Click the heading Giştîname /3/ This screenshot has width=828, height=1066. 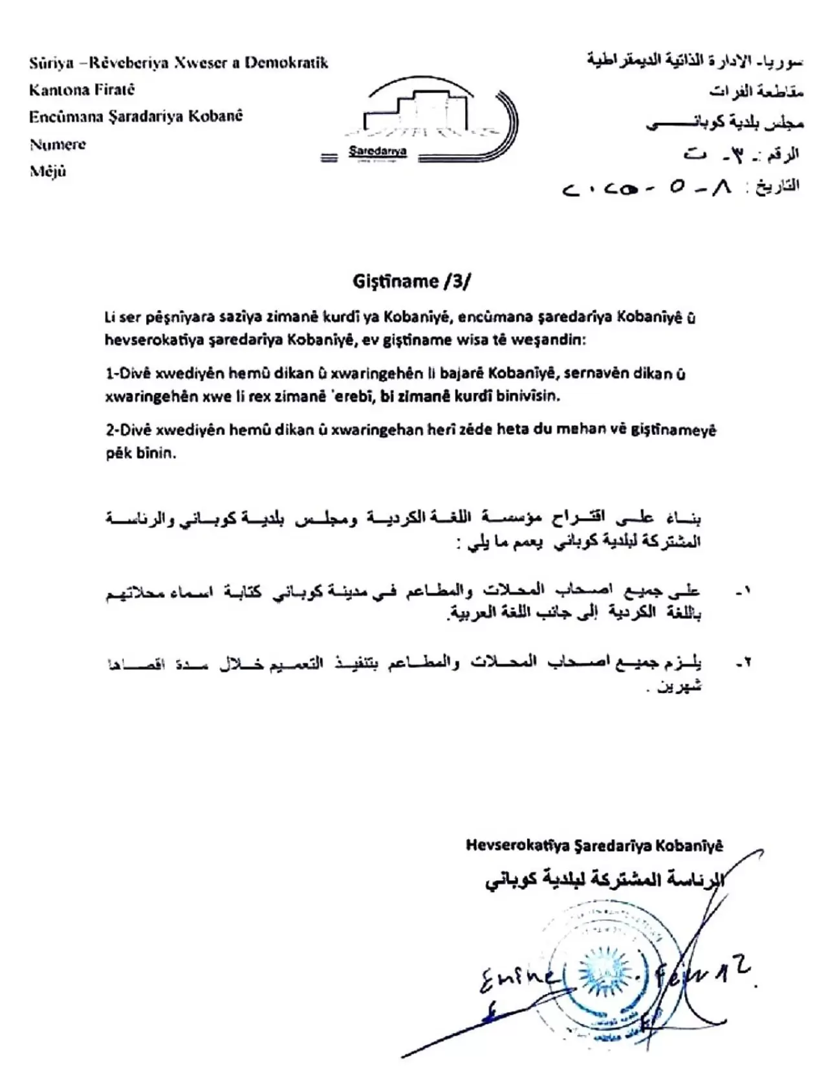[412, 281]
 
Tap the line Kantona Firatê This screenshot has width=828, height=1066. [82, 90]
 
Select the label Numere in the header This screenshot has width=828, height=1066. [58, 144]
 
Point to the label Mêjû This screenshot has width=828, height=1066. [48, 172]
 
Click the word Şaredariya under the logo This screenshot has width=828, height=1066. [378, 151]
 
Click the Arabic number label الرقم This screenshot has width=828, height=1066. [782, 155]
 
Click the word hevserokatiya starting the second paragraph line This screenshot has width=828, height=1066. [147, 340]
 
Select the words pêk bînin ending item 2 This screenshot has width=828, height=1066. [141, 453]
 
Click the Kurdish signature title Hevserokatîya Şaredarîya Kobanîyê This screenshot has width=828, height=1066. [594, 845]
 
